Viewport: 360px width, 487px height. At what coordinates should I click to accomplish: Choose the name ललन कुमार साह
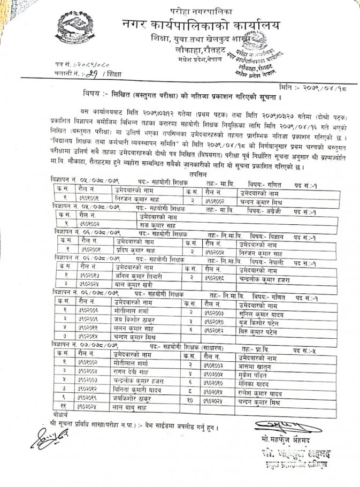135,328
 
